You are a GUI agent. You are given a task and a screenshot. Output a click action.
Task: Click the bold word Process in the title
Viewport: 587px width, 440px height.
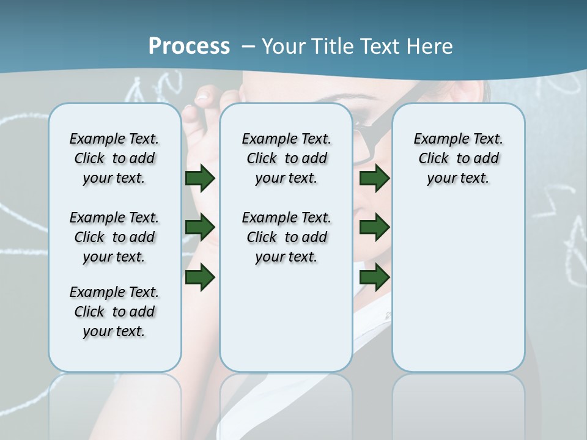[x=189, y=46]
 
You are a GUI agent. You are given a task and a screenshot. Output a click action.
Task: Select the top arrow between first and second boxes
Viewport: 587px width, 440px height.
[x=200, y=178]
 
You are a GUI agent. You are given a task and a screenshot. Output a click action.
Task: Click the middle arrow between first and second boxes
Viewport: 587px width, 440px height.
[x=200, y=228]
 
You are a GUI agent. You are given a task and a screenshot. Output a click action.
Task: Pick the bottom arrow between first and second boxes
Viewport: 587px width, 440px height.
[x=200, y=277]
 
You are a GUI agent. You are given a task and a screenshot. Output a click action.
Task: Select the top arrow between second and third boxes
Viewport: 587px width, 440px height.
[x=375, y=178]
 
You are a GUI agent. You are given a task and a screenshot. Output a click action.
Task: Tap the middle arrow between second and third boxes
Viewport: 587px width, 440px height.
[x=375, y=228]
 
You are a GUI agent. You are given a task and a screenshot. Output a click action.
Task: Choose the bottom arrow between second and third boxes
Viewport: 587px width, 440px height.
[x=375, y=277]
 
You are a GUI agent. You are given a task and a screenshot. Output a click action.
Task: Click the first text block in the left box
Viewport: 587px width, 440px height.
[x=114, y=158]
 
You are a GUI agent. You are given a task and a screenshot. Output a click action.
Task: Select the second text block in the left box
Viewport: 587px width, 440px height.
[x=114, y=237]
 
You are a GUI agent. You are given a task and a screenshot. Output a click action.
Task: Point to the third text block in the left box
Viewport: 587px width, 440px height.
[x=114, y=312]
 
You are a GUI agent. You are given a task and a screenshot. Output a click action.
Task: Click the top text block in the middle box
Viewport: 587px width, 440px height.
[x=286, y=158]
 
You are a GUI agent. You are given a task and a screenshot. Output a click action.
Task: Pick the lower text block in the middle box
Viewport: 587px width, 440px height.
[x=286, y=237]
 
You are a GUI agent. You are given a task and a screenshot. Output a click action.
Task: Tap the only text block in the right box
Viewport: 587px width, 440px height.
[x=458, y=158]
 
